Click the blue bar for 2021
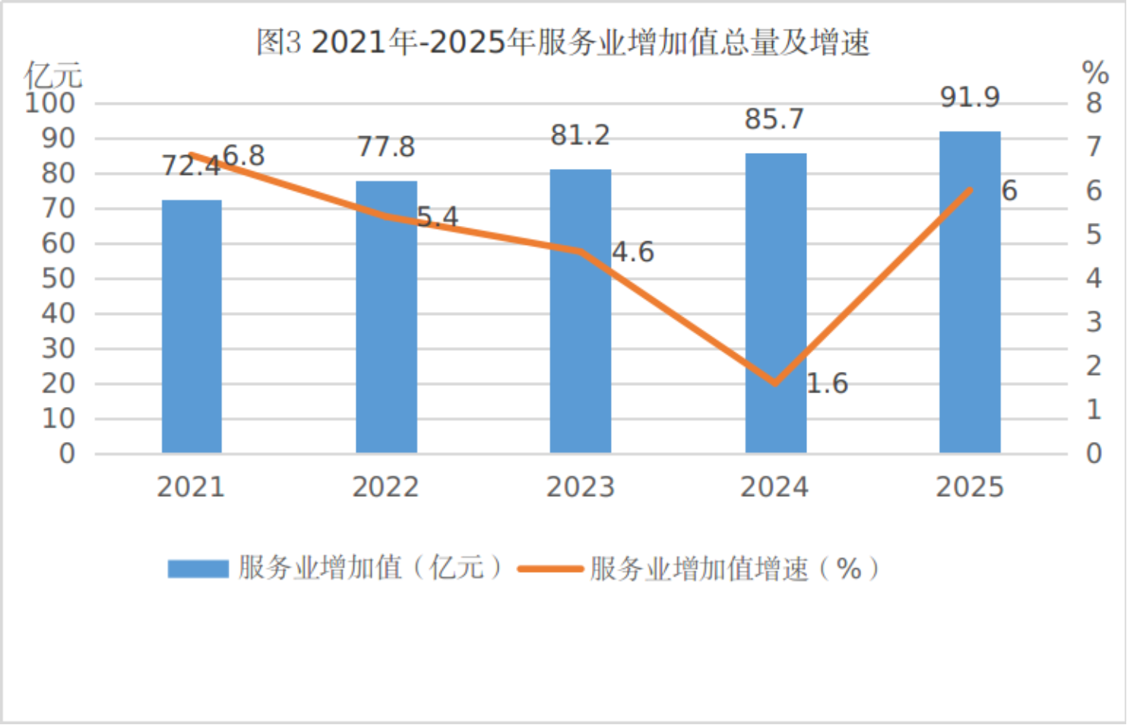[x=192, y=327]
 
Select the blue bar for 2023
[x=581, y=312]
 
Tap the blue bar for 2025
[x=970, y=293]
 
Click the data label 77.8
[x=386, y=146]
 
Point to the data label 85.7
[x=774, y=119]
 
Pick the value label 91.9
[x=970, y=97]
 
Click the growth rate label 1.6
[x=827, y=383]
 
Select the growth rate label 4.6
[x=633, y=252]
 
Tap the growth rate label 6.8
[x=244, y=156]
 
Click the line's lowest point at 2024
[x=775, y=383]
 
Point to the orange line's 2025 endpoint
[x=970, y=189]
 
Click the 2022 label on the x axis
[x=385, y=487]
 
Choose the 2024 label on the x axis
[x=774, y=487]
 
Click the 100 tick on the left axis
[x=50, y=103]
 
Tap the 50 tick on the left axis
[x=59, y=278]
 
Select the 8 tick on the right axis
[x=1094, y=103]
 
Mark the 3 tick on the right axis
[x=1094, y=322]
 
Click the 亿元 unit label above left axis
[x=52, y=75]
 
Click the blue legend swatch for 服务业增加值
[x=198, y=568]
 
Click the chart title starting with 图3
[x=563, y=42]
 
